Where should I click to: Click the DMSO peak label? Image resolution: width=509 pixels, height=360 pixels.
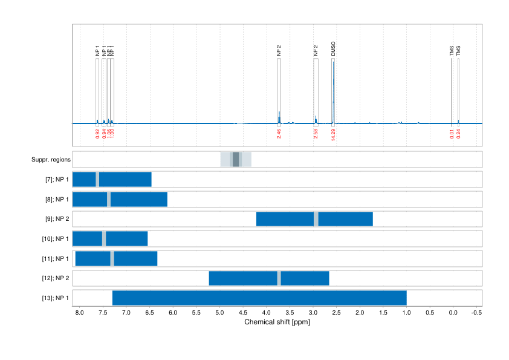[333, 49]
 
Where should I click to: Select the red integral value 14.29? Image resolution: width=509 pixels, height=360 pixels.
[333, 134]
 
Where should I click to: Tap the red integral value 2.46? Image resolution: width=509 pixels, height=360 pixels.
[279, 134]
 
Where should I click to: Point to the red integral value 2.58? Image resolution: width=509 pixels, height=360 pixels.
[316, 134]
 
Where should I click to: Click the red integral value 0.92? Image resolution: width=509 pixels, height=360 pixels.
[97, 134]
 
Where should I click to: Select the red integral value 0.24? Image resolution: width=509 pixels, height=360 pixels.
[459, 134]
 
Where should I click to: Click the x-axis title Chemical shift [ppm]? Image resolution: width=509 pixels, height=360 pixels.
[277, 322]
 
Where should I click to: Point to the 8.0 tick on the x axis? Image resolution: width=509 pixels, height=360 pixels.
[79, 313]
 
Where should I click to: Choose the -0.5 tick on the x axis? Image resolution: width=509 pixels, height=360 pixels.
[476, 313]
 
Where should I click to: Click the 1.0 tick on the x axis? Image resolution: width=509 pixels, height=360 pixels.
[406, 313]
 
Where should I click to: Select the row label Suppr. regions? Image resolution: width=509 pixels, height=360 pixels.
[51, 160]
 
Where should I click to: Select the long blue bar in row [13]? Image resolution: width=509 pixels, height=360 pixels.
[259, 298]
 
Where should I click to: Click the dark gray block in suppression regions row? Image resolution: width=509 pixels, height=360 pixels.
[236, 160]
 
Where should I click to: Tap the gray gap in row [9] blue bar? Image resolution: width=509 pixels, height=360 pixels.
[316, 219]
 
